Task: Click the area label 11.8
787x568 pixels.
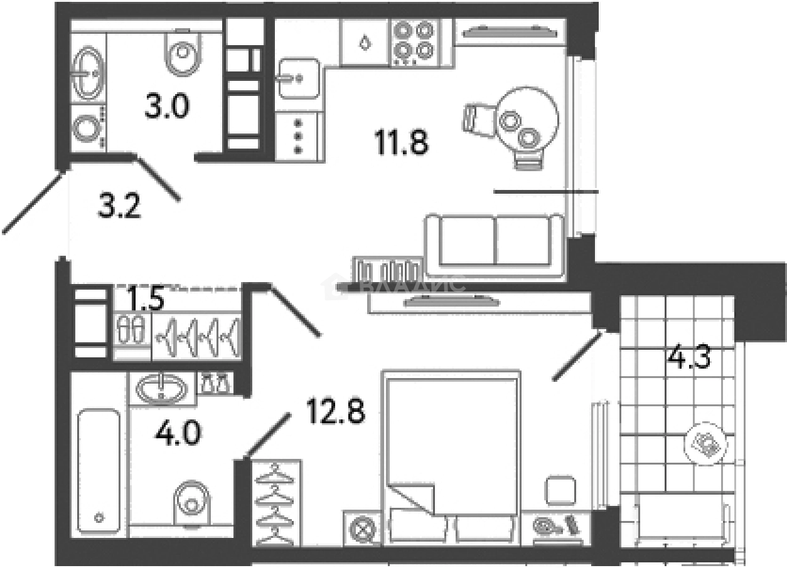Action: (x=402, y=144)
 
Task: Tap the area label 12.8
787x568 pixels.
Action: (x=335, y=411)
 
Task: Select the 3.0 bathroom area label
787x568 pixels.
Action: (x=166, y=107)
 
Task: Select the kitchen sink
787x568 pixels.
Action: (x=296, y=78)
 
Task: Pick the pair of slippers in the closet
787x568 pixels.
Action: (x=131, y=329)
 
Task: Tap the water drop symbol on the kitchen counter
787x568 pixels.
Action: (x=364, y=43)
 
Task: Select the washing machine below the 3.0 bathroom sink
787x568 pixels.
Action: (x=85, y=129)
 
